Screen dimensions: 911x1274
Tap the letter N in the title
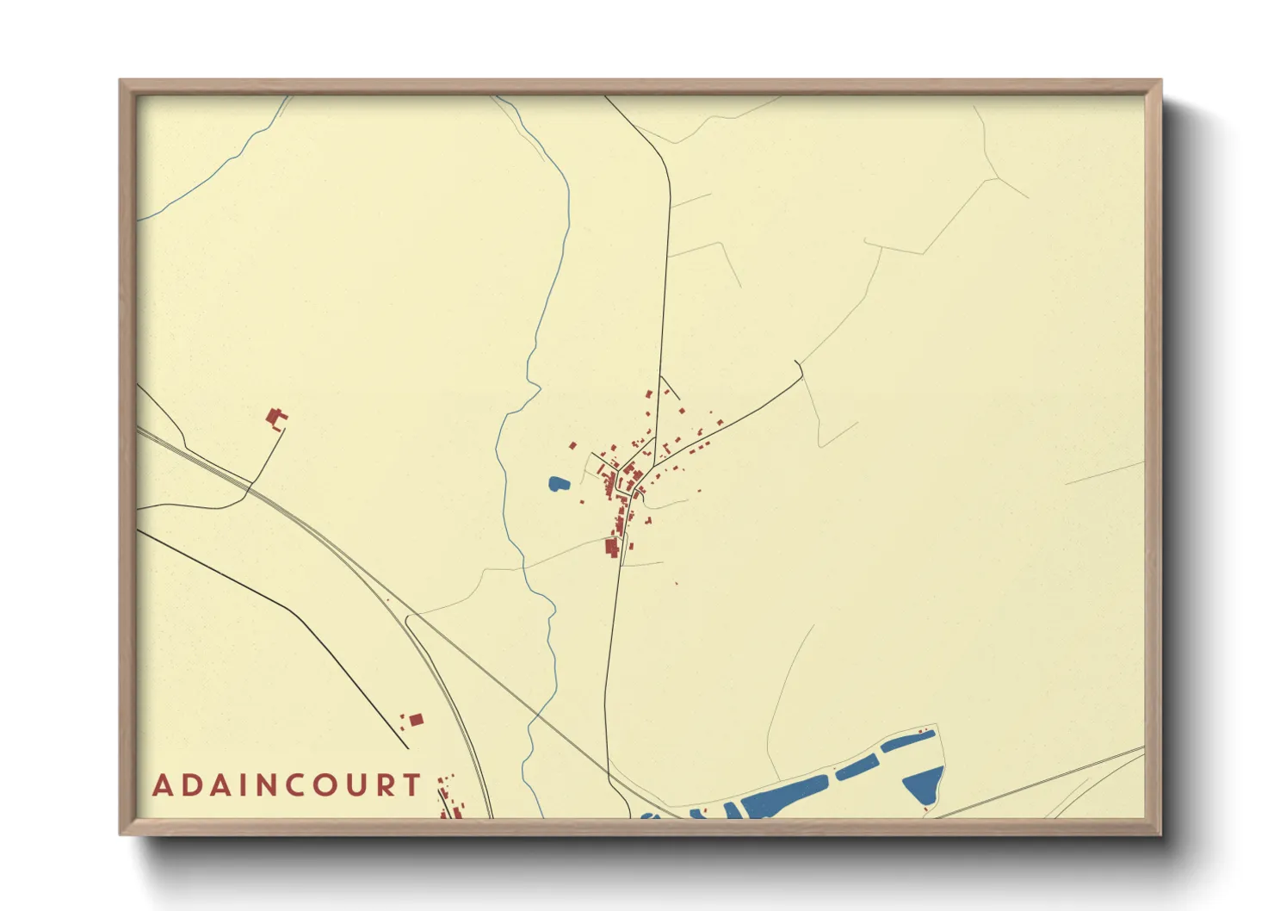[257, 786]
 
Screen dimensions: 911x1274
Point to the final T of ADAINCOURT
[414, 786]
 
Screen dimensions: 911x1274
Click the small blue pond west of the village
[559, 484]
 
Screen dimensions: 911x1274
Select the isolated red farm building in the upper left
[275, 419]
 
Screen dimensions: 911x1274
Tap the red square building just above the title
[416, 719]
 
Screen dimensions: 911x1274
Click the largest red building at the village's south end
[612, 547]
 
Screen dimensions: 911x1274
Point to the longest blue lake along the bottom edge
[783, 796]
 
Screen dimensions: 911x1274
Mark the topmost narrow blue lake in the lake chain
[907, 741]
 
